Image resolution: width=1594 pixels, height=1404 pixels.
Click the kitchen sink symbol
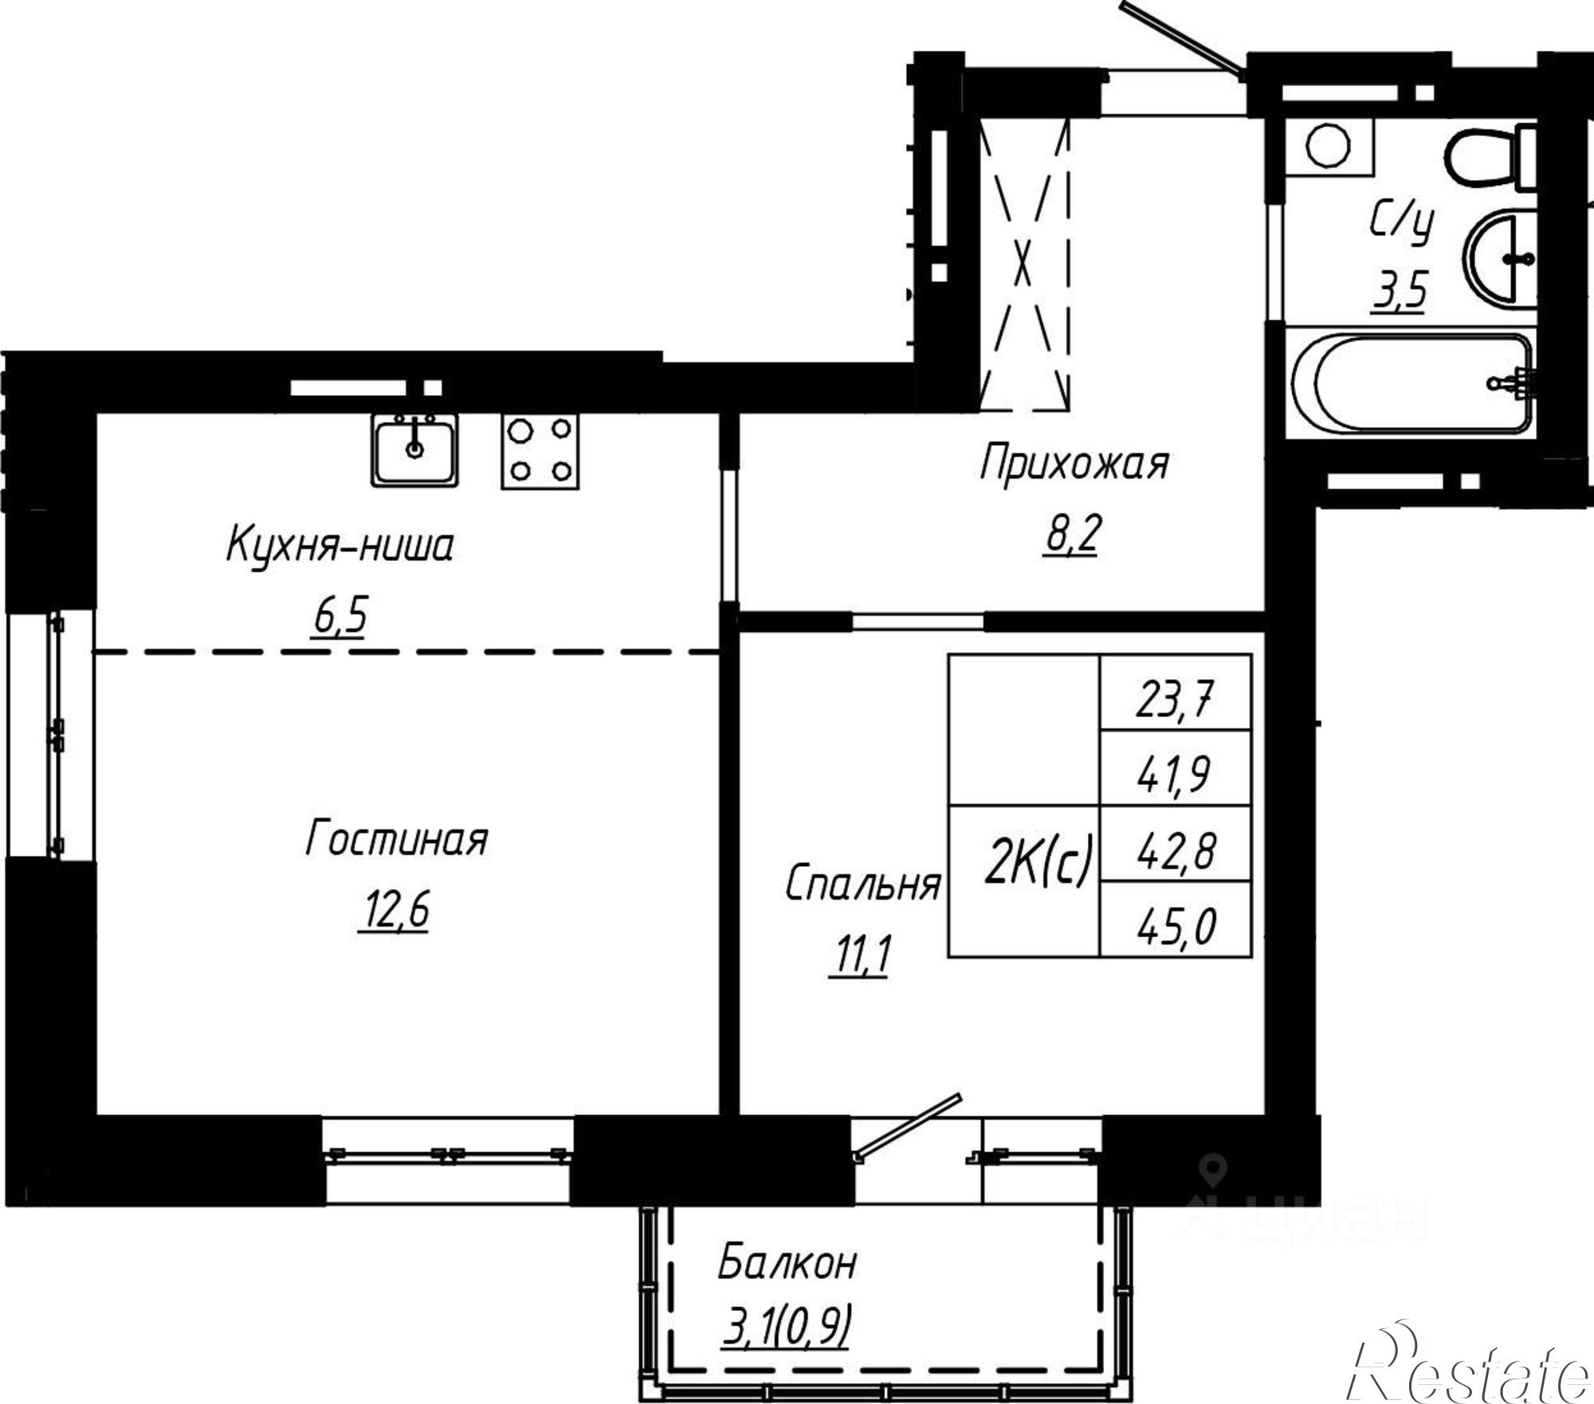[x=414, y=451]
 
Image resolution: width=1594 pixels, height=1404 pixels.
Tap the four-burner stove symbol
[x=540, y=451]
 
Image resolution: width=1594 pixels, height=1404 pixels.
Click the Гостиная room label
[x=396, y=841]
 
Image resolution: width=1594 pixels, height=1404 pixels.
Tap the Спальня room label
[x=863, y=884]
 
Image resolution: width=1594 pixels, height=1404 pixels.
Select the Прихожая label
[x=1074, y=465]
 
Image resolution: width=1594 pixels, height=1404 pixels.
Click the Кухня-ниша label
[x=340, y=547]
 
